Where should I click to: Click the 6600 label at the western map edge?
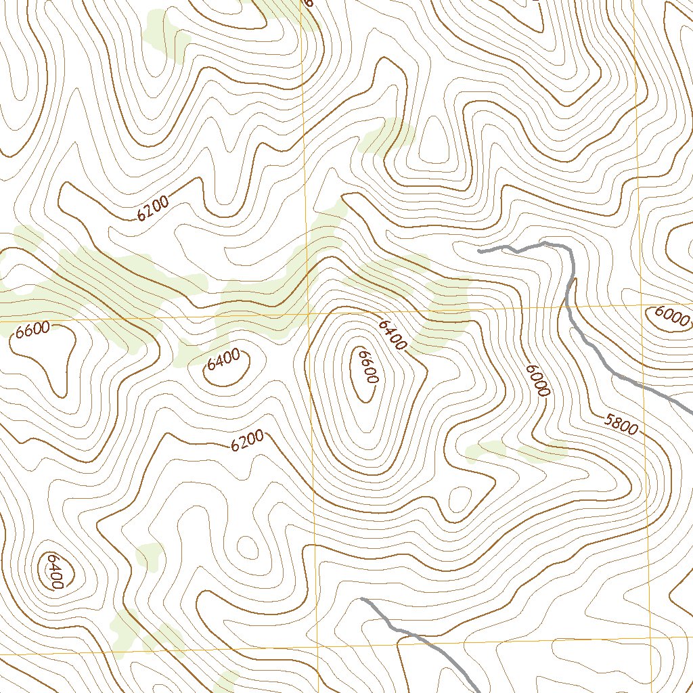[32, 330]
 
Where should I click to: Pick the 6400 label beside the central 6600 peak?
[392, 336]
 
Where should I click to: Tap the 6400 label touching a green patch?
[224, 359]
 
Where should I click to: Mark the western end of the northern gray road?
[479, 251]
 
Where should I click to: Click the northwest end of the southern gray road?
[363, 599]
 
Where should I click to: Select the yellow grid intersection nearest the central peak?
[311, 314]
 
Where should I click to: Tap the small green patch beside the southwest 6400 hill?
[150, 556]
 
